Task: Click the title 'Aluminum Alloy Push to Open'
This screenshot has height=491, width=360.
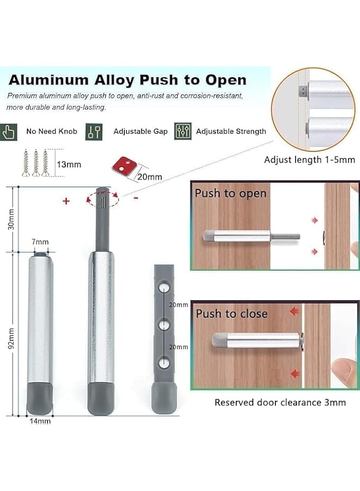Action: pos(127,80)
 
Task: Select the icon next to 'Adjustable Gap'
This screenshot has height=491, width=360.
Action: pos(94,131)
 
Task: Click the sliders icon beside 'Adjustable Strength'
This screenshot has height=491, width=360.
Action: pos(182,131)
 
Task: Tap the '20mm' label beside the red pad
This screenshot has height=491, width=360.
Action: pos(149,176)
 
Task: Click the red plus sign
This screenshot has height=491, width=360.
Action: pos(66,201)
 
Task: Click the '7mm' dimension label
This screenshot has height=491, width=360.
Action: pos(40,241)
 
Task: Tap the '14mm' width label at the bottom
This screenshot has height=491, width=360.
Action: pos(40,421)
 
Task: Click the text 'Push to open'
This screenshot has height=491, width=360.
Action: pos(231,194)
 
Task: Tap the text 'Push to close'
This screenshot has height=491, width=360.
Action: pos(232,314)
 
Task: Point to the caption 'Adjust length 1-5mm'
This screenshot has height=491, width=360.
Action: pos(309,160)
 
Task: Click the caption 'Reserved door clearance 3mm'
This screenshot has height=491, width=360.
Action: pos(280,403)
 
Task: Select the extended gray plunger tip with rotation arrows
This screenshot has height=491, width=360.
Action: pos(101,199)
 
